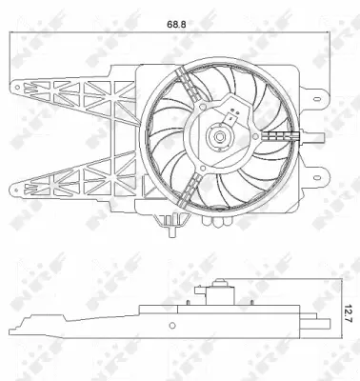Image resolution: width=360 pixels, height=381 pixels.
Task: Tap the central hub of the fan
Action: pyautogui.click(x=220, y=137)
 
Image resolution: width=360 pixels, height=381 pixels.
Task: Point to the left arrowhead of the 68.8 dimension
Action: pyautogui.click(x=10, y=34)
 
